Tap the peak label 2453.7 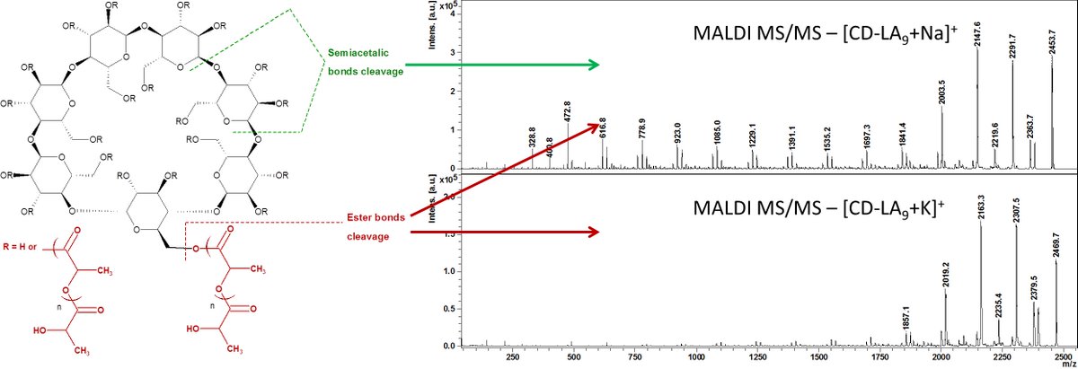[x=1052, y=40]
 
